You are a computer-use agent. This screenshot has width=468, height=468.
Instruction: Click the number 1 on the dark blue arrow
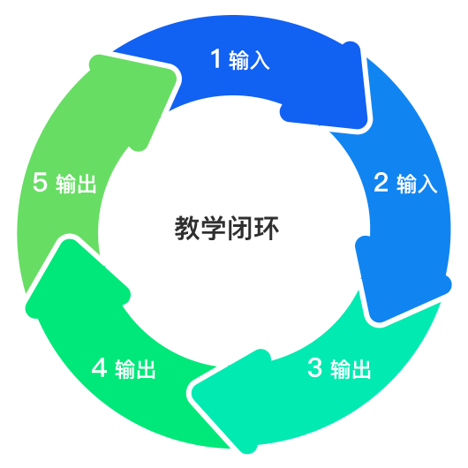[215, 58]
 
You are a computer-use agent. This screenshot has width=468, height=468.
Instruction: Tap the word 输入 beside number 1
[250, 60]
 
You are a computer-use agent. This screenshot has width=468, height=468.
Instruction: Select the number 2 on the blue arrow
[381, 182]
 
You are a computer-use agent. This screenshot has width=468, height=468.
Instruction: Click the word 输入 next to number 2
[417, 184]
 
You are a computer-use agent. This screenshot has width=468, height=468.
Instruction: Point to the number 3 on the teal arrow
[315, 367]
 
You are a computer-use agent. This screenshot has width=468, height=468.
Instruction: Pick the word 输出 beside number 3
[351, 369]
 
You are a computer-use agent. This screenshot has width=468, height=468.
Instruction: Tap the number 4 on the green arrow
[100, 367]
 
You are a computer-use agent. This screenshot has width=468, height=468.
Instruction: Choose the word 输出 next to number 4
[135, 369]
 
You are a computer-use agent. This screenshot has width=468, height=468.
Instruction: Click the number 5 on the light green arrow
[40, 182]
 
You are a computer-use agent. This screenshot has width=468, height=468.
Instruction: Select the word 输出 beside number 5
[76, 184]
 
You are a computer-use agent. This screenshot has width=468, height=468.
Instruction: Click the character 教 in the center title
[187, 228]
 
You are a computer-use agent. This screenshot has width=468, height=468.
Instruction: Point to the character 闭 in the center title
[239, 228]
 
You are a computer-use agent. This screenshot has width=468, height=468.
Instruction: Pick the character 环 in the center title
[266, 228]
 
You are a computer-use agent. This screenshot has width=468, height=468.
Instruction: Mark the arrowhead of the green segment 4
[75, 281]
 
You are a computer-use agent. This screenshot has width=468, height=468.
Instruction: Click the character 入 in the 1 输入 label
[260, 60]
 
